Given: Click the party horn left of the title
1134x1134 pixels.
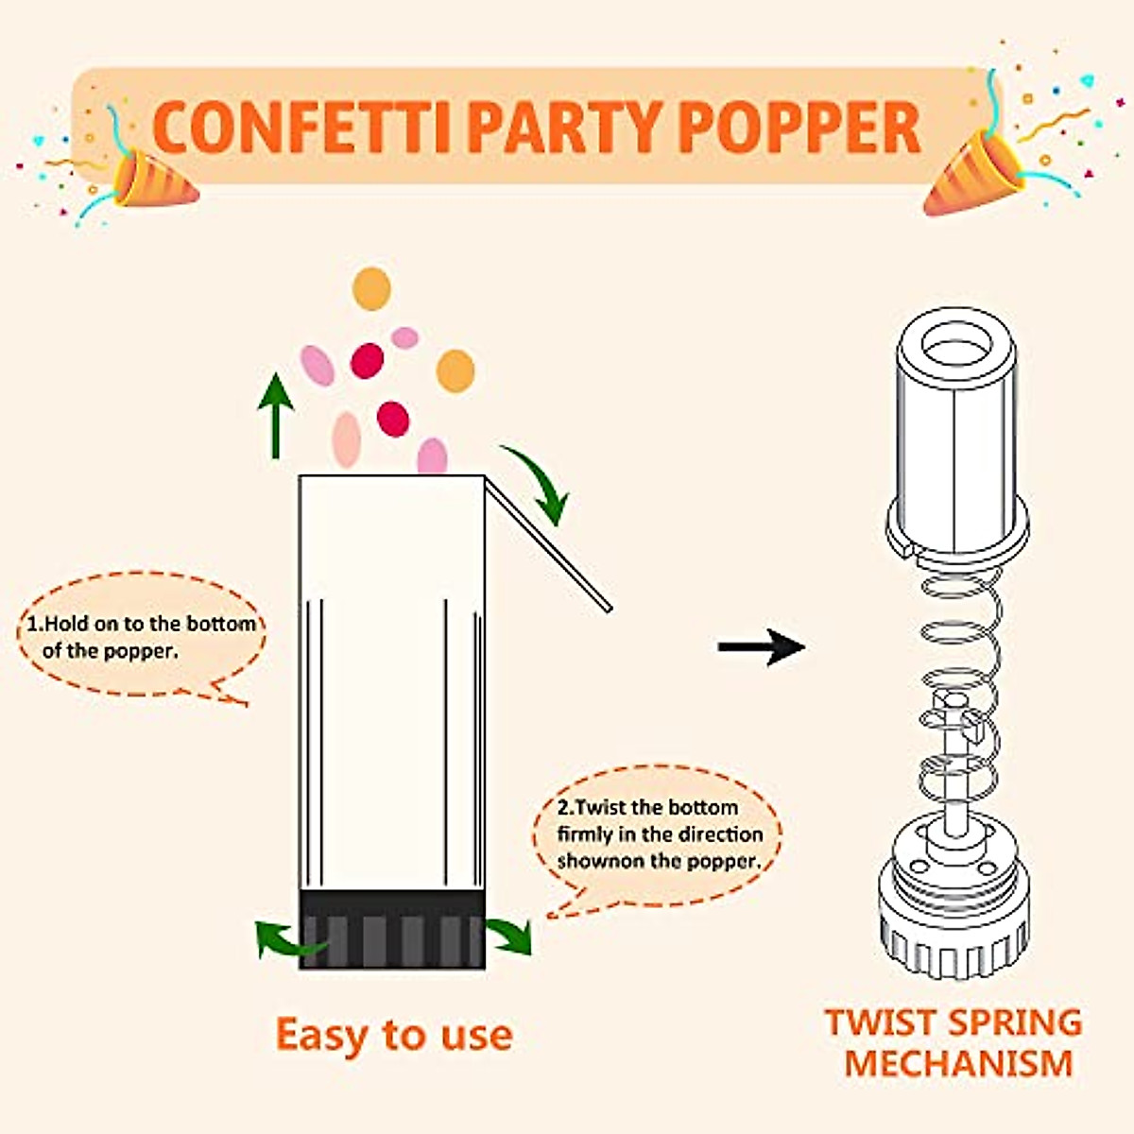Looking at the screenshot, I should tap(151, 180).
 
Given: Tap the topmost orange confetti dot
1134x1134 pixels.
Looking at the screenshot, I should tap(371, 288).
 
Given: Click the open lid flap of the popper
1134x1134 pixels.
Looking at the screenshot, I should tap(548, 543).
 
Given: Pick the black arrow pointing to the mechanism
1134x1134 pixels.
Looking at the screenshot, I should tap(761, 647).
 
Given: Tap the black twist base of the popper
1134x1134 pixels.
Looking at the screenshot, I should tap(392, 930).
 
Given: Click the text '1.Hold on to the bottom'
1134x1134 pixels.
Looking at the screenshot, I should tap(141, 624).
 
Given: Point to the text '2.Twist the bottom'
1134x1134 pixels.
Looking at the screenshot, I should tap(647, 807).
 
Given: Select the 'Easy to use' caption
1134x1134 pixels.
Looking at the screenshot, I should tap(394, 1035).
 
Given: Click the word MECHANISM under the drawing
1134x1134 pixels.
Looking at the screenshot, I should tap(958, 1063).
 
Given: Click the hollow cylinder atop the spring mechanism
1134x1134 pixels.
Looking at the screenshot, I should tap(955, 435).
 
